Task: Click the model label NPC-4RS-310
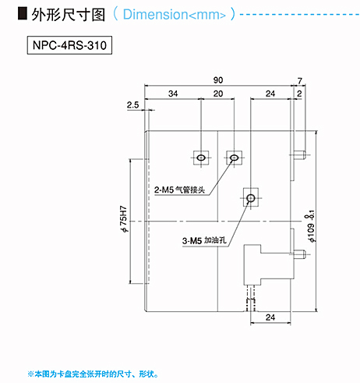click(69, 45)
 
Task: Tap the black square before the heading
click(23, 13)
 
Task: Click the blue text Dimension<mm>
click(174, 14)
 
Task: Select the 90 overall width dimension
click(218, 80)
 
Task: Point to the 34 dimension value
click(173, 94)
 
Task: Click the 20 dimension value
click(218, 94)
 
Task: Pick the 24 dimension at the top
click(270, 94)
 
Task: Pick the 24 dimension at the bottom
click(270, 317)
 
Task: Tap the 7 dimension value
click(300, 81)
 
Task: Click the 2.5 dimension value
click(132, 105)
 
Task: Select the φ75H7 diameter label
click(124, 219)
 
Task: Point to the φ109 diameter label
click(311, 226)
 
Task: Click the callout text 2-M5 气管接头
click(180, 190)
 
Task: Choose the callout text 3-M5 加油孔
click(204, 240)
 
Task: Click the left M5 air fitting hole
click(201, 158)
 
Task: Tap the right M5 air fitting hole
click(234, 158)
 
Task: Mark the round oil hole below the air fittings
click(251, 198)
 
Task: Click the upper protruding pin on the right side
click(300, 155)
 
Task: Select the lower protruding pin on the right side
click(299, 254)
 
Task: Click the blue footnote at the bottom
click(93, 374)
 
